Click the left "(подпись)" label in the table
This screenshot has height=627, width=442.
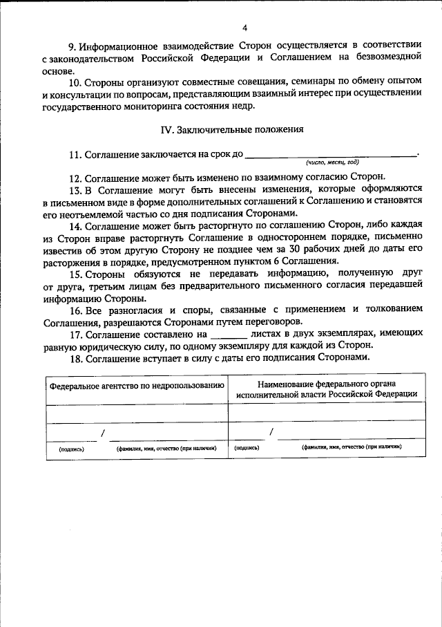coord(71,449)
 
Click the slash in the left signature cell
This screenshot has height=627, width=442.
coord(103,433)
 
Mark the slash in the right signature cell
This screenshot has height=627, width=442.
coord(271,432)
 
